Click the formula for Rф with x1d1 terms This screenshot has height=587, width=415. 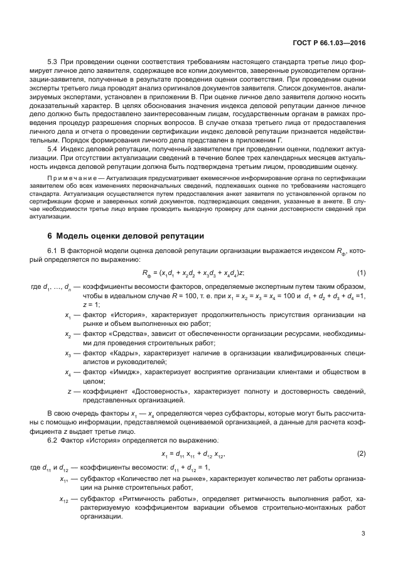pyautogui.click(x=193, y=272)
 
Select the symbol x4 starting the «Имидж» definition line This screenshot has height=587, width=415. pyautogui.click(x=67, y=374)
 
